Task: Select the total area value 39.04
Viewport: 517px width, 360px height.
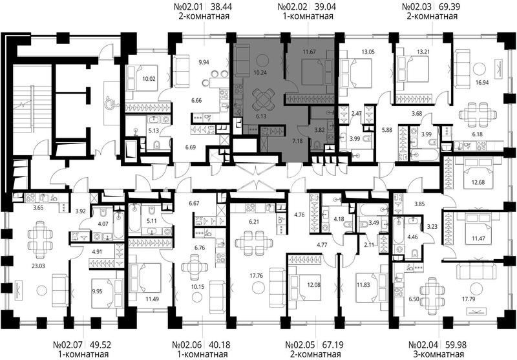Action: coord(325,6)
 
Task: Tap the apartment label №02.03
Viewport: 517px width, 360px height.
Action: coord(417,6)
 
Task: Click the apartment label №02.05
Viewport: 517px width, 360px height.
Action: coord(299,345)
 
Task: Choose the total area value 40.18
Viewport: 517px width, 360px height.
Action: coord(220,345)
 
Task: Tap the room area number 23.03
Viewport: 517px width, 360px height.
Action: coord(38,266)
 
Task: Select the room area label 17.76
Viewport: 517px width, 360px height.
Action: coord(256,275)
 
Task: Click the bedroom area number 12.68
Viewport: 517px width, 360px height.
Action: coord(478,182)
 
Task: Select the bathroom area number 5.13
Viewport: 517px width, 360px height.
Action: coord(153,131)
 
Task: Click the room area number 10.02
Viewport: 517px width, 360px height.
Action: coord(149,79)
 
